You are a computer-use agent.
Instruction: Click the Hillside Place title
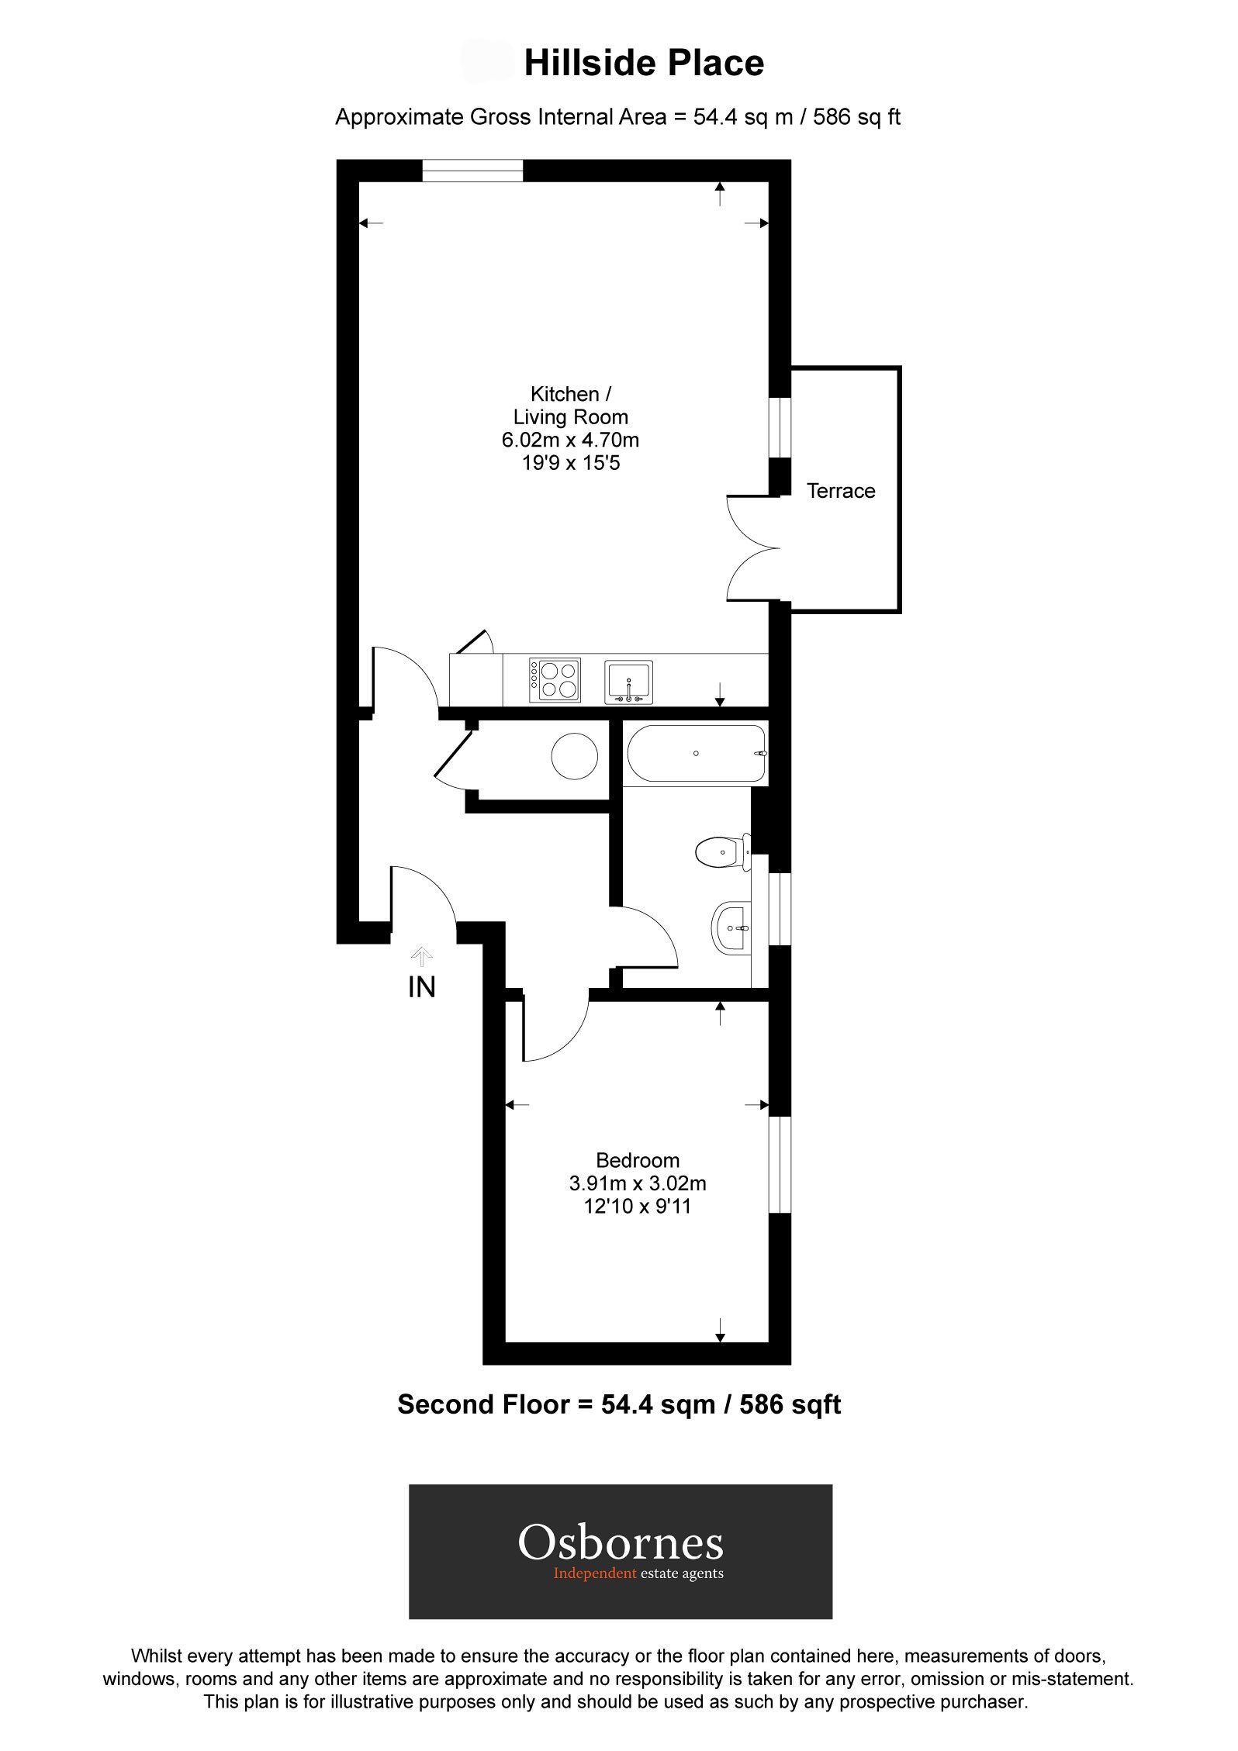point(644,64)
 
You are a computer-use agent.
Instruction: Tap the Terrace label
point(841,491)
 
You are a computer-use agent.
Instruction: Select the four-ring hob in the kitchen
point(555,680)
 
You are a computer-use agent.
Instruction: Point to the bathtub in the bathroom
point(696,753)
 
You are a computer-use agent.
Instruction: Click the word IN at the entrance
point(422,987)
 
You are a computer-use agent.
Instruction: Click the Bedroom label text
point(638,1160)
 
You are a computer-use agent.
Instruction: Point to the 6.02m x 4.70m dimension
point(571,440)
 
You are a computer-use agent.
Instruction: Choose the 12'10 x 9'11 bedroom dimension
point(638,1206)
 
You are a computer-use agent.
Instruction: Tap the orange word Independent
point(595,1573)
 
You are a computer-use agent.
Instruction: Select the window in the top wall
point(472,171)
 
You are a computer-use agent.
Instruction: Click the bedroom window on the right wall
point(780,1164)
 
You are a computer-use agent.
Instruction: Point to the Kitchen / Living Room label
point(571,406)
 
